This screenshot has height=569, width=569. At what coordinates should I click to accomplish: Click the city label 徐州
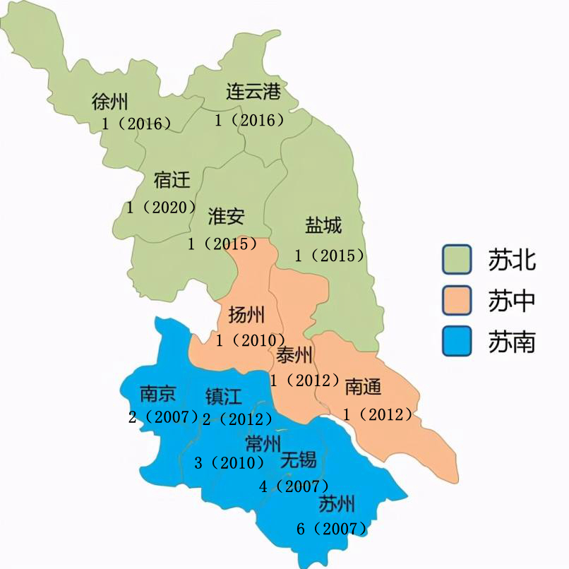pos(109,102)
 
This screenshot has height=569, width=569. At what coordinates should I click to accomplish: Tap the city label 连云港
pos(253,92)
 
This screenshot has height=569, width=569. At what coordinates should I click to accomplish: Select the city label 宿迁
pos(172,180)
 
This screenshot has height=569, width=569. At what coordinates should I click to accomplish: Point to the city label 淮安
pos(226,216)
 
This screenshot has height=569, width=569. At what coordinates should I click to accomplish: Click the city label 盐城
pos(323,226)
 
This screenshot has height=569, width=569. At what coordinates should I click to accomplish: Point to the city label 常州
pos(263,443)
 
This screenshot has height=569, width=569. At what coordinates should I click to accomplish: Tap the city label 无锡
pos(298,461)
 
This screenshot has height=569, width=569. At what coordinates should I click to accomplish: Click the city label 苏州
pos(336,504)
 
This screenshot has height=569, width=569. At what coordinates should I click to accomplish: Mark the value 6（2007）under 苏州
pos(333,528)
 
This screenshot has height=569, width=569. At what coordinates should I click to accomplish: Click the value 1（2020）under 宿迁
pos(162,208)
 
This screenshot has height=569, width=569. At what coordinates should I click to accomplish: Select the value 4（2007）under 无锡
pos(294,486)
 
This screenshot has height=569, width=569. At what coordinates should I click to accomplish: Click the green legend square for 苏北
pos(457,259)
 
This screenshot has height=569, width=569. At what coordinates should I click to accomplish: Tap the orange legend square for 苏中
pos(457,301)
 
